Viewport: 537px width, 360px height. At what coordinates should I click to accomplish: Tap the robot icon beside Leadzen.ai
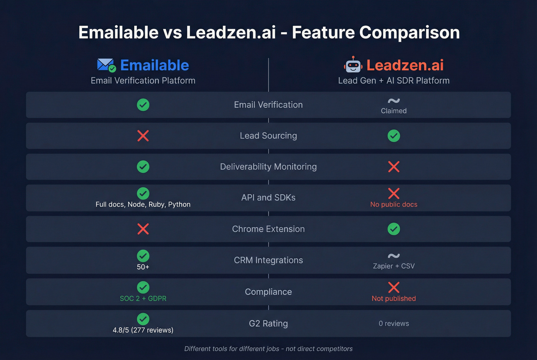click(353, 65)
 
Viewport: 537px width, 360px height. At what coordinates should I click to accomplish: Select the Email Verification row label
click(268, 105)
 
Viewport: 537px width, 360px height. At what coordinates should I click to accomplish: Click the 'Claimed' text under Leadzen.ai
click(394, 111)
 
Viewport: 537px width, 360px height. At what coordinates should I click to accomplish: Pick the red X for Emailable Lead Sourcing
click(143, 136)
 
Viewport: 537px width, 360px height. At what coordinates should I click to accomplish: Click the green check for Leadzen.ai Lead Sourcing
click(394, 136)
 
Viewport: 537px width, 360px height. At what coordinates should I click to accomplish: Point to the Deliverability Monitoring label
click(268, 167)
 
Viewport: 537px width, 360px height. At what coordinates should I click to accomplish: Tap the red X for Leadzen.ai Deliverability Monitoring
click(394, 167)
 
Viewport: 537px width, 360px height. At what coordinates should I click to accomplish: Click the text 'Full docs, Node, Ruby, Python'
click(143, 204)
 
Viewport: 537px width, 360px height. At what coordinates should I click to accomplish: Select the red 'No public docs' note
click(394, 204)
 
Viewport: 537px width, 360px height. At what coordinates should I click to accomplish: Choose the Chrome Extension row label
click(268, 229)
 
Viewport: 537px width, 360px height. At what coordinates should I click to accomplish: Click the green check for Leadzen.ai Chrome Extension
click(394, 229)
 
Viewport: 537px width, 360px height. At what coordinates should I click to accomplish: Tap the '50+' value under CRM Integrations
click(143, 267)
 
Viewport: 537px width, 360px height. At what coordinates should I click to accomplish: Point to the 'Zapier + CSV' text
click(394, 266)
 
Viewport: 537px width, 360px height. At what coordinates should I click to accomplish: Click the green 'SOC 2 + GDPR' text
click(143, 298)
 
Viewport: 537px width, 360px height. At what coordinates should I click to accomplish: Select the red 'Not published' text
click(394, 298)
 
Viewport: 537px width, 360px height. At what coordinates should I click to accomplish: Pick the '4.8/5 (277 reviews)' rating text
click(143, 330)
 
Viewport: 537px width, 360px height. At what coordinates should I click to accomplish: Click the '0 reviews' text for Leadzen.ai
click(394, 324)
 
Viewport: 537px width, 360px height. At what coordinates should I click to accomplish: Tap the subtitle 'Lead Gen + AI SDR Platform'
click(394, 81)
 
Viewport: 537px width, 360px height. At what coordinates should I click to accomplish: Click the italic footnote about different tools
click(268, 349)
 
